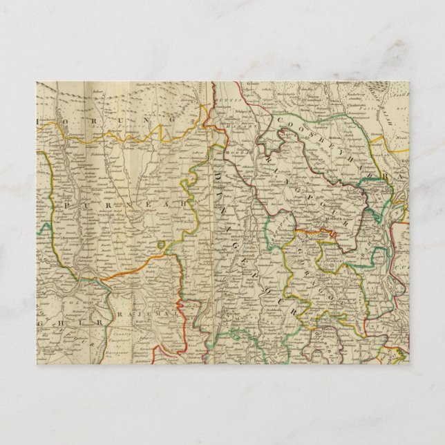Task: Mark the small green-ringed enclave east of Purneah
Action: pos(161,245)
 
